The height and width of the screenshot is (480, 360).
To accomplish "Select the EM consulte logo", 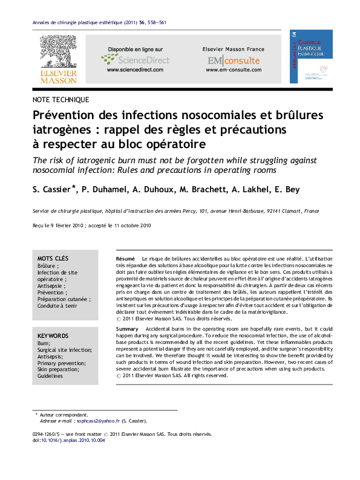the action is [x=233, y=60].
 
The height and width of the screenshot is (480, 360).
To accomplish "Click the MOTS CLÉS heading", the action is [x=53, y=258].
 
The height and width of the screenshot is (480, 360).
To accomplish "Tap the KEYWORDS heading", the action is [x=53, y=335].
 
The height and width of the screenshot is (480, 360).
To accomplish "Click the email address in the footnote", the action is [x=91, y=420].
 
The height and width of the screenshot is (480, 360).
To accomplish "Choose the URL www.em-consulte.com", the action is [x=233, y=70].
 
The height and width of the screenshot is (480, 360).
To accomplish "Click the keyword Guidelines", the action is [x=50, y=376].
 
